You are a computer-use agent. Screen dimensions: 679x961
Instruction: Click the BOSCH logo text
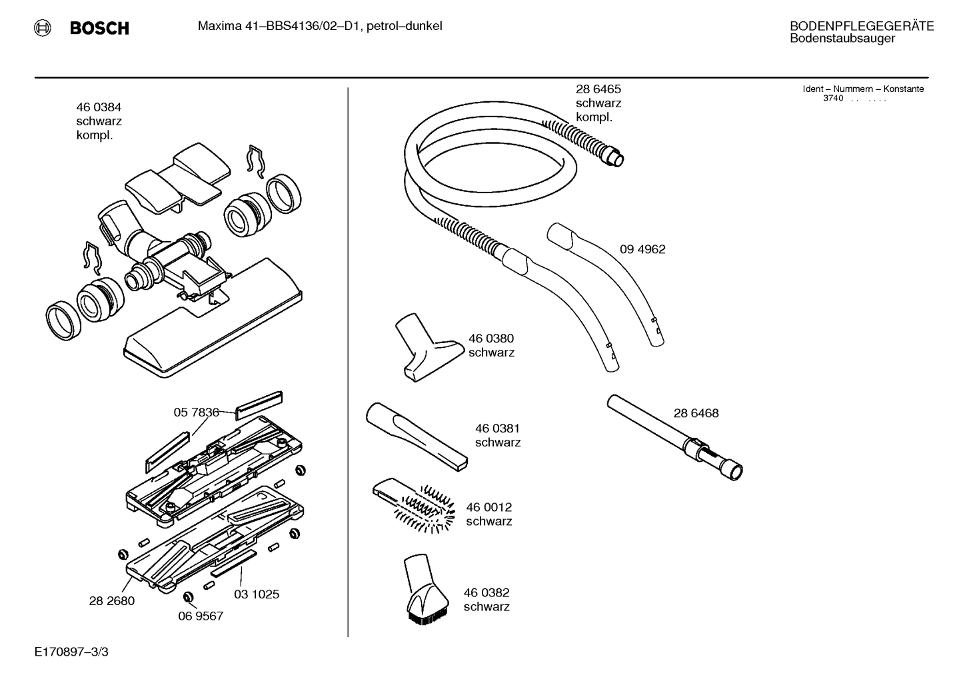(x=99, y=28)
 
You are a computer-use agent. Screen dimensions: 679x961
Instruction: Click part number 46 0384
(x=98, y=107)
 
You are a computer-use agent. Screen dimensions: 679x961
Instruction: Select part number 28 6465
(x=598, y=89)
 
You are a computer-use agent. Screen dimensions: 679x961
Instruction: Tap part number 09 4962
(x=642, y=249)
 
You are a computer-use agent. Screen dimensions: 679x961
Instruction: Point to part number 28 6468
(x=696, y=413)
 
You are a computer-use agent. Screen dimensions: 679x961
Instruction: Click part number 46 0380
(x=490, y=339)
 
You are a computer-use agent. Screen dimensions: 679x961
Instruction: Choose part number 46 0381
(x=497, y=428)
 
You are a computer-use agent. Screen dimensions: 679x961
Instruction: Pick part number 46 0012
(x=488, y=507)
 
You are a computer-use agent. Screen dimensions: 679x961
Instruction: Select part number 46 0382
(x=486, y=592)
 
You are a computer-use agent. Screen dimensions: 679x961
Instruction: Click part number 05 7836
(x=196, y=412)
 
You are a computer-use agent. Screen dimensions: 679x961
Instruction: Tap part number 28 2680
(x=111, y=600)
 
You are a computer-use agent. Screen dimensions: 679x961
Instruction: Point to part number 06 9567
(x=200, y=616)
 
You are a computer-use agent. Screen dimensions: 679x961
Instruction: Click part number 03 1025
(x=256, y=594)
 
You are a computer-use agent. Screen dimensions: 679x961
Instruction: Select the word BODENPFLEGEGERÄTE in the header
(x=861, y=27)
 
